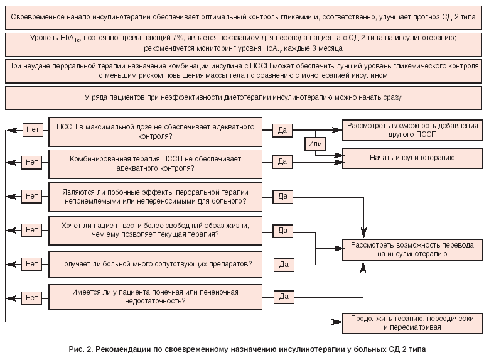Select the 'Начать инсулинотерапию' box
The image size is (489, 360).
(412, 157)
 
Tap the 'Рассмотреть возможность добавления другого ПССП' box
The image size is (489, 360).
(412, 130)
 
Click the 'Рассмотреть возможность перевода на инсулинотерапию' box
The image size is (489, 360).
(412, 249)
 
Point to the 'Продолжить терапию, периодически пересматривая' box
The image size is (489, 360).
(412, 322)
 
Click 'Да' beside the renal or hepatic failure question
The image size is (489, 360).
(282, 296)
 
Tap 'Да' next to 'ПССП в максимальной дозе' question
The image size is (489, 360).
(282, 130)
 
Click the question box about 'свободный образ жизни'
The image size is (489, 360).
(156, 229)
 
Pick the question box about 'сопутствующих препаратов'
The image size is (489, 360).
(156, 263)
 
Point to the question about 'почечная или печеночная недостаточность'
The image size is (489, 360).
(156, 296)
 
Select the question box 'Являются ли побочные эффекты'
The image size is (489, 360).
(156, 196)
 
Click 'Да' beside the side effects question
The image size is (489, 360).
(282, 196)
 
